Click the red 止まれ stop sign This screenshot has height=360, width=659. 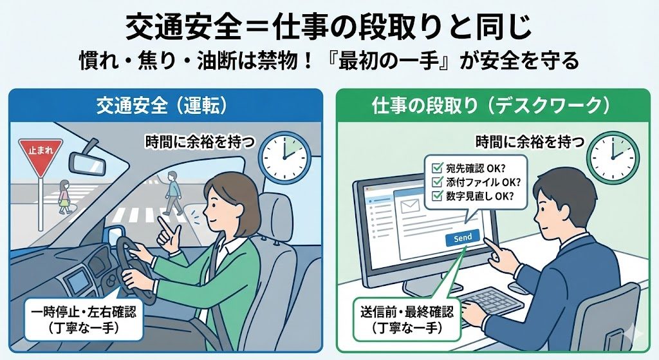pos(41,156)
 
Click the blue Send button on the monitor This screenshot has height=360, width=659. pos(462,238)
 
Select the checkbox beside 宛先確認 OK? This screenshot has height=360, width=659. pos(437,168)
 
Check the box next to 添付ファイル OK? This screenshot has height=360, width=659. pos(437,182)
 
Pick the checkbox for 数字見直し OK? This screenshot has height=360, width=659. pos(437,196)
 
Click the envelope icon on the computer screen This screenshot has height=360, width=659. pos(410,207)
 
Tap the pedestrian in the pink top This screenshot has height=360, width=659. pos(64,197)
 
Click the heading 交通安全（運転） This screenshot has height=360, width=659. pos(162,106)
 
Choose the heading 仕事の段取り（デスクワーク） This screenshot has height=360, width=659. pos(491,106)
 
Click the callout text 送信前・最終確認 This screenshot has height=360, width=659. pos(407,312)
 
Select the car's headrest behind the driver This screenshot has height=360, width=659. pos(275,214)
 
